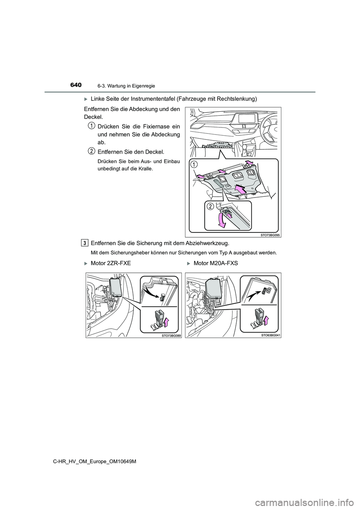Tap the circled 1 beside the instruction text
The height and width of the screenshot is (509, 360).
(x=91, y=125)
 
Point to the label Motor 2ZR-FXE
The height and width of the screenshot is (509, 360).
(x=111, y=263)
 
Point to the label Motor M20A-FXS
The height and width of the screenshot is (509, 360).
(x=216, y=263)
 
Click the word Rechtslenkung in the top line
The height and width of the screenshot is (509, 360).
(x=234, y=99)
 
